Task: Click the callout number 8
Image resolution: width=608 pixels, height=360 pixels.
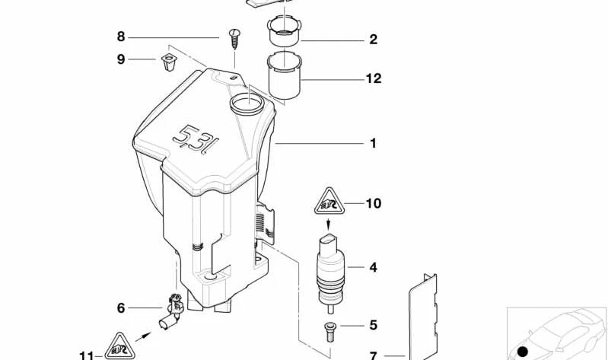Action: (x=121, y=37)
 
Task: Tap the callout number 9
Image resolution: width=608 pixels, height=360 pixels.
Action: (x=121, y=59)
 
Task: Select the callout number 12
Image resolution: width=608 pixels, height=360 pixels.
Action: (x=374, y=78)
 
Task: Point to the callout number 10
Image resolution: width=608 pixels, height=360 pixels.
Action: (x=374, y=203)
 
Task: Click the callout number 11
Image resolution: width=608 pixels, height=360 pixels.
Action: (x=87, y=355)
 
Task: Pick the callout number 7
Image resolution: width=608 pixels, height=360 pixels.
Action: (x=374, y=355)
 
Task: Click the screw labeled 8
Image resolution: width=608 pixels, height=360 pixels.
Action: (x=234, y=38)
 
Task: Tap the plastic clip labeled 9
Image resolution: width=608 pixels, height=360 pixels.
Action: (x=169, y=62)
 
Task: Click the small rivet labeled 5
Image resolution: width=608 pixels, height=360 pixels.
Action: (x=329, y=332)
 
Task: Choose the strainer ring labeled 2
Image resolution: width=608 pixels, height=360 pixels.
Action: (x=285, y=30)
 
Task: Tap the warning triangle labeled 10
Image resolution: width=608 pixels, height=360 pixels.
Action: (x=329, y=202)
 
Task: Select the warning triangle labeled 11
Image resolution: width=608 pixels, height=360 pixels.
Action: (x=119, y=347)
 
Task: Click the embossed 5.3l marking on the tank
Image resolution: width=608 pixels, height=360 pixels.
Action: (x=196, y=139)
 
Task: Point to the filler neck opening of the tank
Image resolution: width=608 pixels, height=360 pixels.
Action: (x=247, y=104)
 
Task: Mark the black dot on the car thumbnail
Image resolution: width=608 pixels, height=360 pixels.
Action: (x=523, y=352)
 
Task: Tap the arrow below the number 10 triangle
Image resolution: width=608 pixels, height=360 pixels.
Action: (x=329, y=225)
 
